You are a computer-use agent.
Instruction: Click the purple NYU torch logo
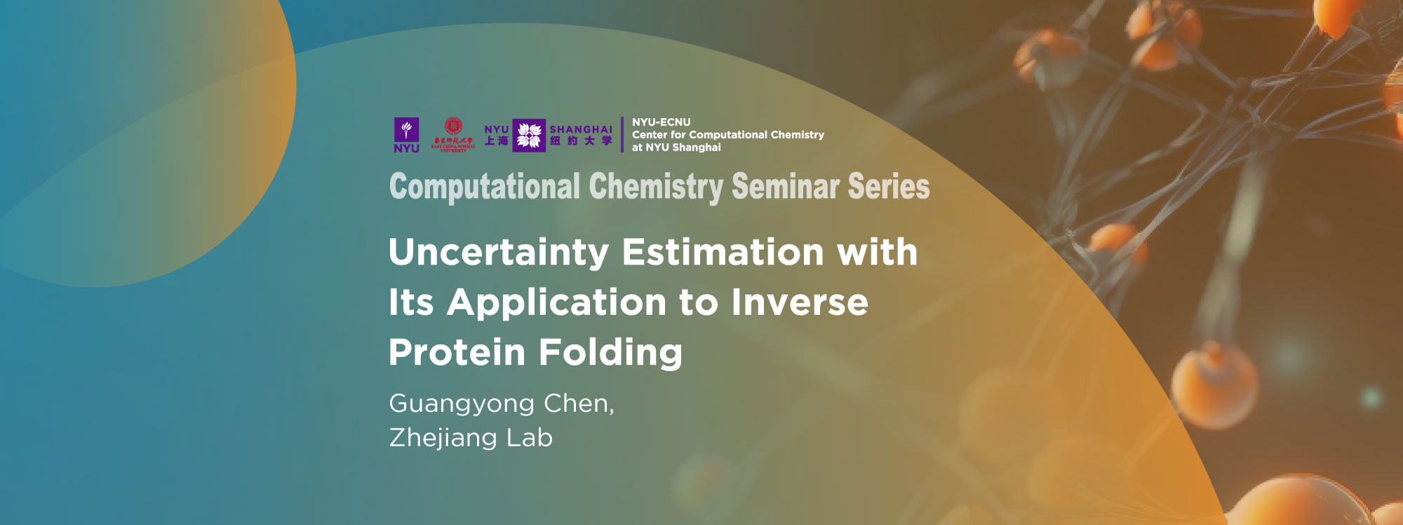[x=406, y=130]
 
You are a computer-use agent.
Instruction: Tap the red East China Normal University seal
[x=453, y=127]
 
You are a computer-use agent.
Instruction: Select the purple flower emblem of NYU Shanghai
[x=529, y=135]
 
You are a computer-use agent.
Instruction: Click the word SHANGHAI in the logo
[x=581, y=129]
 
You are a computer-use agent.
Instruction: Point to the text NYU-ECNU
[x=661, y=122]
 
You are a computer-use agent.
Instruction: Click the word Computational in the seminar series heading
[x=484, y=187]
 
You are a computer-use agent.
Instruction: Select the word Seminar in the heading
[x=785, y=187]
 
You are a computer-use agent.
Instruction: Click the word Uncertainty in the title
[x=499, y=253]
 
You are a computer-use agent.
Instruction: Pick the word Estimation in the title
[x=723, y=252]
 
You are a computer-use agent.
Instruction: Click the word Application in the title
[x=556, y=303]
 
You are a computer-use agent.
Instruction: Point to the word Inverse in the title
[x=800, y=303]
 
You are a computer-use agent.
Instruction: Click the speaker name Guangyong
[x=462, y=404]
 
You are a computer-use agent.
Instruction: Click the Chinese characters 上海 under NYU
[x=497, y=141]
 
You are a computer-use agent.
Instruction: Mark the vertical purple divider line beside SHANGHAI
[x=622, y=135]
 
